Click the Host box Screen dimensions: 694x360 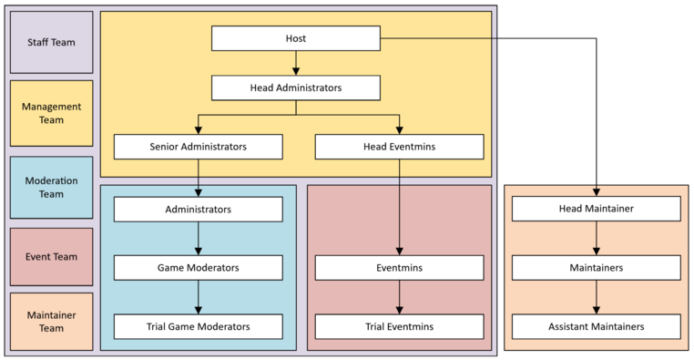296,38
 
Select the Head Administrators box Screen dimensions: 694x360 296,87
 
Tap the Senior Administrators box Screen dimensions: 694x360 199,147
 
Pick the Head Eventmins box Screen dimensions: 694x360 399,147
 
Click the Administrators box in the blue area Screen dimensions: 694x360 199,209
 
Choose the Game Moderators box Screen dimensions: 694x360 199,267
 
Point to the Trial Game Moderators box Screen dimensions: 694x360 199,326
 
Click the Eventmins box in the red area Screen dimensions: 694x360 399,267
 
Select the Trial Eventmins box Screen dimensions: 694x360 399,326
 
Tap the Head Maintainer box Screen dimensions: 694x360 597,209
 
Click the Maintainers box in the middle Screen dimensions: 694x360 597,267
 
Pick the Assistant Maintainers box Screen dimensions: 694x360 597,326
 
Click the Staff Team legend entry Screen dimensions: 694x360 51,42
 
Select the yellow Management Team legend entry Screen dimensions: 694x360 51,113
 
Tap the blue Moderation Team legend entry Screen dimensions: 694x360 51,188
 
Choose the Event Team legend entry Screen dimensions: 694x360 51,257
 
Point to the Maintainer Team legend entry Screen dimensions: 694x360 51,322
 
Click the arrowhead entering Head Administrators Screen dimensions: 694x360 296,71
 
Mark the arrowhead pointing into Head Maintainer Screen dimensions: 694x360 597,192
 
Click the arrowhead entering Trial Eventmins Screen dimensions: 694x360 399,310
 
